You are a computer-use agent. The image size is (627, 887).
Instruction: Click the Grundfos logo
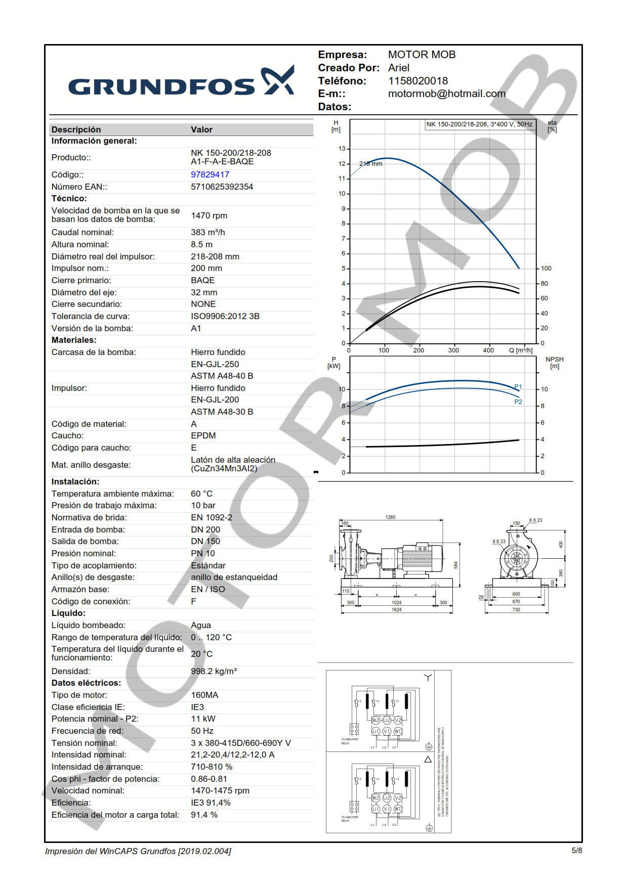coord(181,82)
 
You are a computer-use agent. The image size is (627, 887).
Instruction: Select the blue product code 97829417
coord(210,174)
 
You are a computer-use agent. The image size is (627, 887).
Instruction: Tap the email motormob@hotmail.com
coord(446,94)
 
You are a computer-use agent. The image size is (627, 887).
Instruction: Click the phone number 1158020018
coord(417,81)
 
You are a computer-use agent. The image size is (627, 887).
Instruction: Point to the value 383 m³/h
coord(207,232)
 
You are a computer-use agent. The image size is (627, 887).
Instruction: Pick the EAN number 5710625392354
coord(222,187)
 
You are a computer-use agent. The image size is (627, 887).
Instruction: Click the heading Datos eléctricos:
coord(86,683)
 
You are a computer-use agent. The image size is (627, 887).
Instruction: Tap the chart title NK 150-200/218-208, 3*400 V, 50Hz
coord(479,124)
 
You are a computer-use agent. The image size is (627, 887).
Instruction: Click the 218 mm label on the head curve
coord(371,164)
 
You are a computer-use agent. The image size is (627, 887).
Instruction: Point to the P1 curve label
coord(518,387)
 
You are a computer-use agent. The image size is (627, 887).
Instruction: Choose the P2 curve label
coord(518,402)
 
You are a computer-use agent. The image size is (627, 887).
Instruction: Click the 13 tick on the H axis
coord(342,149)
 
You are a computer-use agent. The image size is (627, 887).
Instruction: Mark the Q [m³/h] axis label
coord(520,350)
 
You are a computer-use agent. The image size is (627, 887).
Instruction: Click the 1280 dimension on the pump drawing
coord(390,517)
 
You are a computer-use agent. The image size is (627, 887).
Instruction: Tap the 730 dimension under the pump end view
coord(516,610)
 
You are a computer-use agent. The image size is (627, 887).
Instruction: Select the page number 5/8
coord(576,851)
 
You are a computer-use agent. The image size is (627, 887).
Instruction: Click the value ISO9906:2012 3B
coord(225,316)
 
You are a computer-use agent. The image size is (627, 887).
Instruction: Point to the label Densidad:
coord(71,671)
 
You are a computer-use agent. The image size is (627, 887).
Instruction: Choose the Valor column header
coord(201,129)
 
